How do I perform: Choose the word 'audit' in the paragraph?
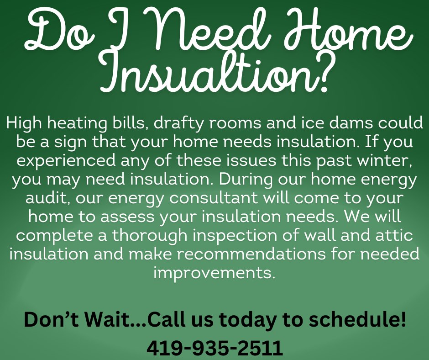point(47,198)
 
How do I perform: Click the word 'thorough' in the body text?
point(149,236)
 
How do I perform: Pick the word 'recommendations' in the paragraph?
point(251,254)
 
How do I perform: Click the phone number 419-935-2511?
point(215,347)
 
